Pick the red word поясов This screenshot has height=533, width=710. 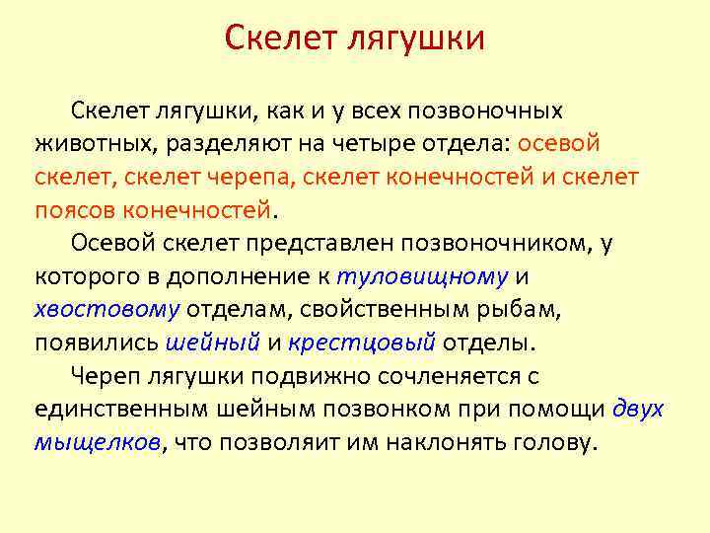73,210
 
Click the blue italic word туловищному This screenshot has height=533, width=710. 422,277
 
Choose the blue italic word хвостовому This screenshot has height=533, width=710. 106,311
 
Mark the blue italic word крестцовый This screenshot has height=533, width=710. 362,344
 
